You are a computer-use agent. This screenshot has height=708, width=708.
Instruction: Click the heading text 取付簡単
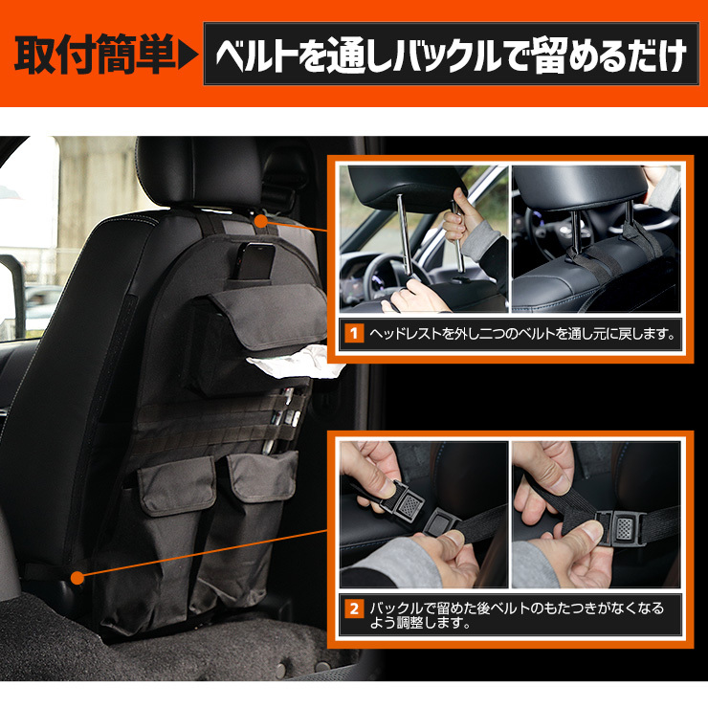(x=95, y=55)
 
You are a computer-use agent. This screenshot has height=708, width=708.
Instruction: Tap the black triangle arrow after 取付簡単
(x=188, y=55)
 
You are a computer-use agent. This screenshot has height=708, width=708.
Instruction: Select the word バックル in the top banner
(x=446, y=55)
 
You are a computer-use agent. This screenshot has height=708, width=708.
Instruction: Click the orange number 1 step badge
(x=354, y=334)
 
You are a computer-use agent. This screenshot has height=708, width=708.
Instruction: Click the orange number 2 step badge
(x=354, y=608)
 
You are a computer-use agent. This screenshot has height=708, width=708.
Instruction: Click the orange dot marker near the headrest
(x=261, y=221)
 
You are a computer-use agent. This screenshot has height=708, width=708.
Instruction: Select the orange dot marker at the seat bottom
(x=77, y=578)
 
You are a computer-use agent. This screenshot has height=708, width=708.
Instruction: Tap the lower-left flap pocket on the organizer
(x=177, y=485)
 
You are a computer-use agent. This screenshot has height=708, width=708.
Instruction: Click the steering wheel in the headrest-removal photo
(x=384, y=276)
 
